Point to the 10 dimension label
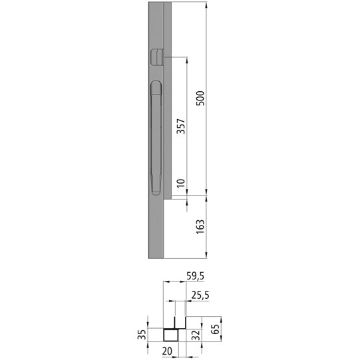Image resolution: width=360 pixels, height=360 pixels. (x=180, y=183)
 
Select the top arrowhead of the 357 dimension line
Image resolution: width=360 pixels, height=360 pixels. (x=187, y=59)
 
